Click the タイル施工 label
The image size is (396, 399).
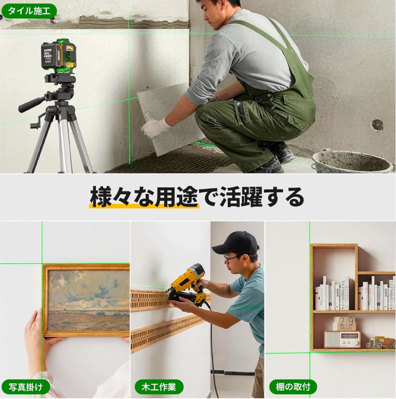pos(29,11)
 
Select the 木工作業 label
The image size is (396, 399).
pos(159,387)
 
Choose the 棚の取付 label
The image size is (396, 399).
pos(293,387)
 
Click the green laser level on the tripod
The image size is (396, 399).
pos(59,55)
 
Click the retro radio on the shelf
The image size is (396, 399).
pos(342,340)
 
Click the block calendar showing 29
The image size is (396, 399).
pos(345,323)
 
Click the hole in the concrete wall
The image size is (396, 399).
pos(377,125)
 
